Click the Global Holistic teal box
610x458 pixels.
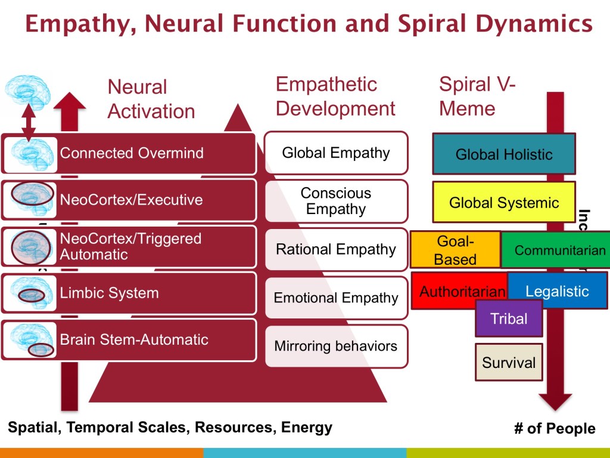pyautogui.click(x=504, y=154)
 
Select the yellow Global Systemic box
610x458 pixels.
pyautogui.click(x=504, y=202)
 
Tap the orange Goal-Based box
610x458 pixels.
pyautogui.click(x=455, y=249)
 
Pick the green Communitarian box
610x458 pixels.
pyautogui.click(x=559, y=250)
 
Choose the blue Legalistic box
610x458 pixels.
pyautogui.click(x=558, y=291)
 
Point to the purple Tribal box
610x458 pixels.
pyautogui.click(x=509, y=318)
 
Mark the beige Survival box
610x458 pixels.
pyautogui.click(x=509, y=362)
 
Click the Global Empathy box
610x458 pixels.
pyautogui.click(x=336, y=153)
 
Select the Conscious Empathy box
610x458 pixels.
pyautogui.click(x=336, y=201)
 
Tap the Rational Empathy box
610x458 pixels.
pyautogui.click(x=336, y=249)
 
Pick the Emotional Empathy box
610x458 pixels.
pyautogui.click(x=336, y=298)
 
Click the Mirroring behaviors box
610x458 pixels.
pyautogui.click(x=336, y=346)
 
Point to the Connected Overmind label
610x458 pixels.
pyautogui.click(x=132, y=153)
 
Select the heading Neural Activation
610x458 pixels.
pyautogui.click(x=151, y=99)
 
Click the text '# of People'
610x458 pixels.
pyautogui.click(x=554, y=429)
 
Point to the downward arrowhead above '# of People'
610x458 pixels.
pyautogui.click(x=555, y=401)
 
